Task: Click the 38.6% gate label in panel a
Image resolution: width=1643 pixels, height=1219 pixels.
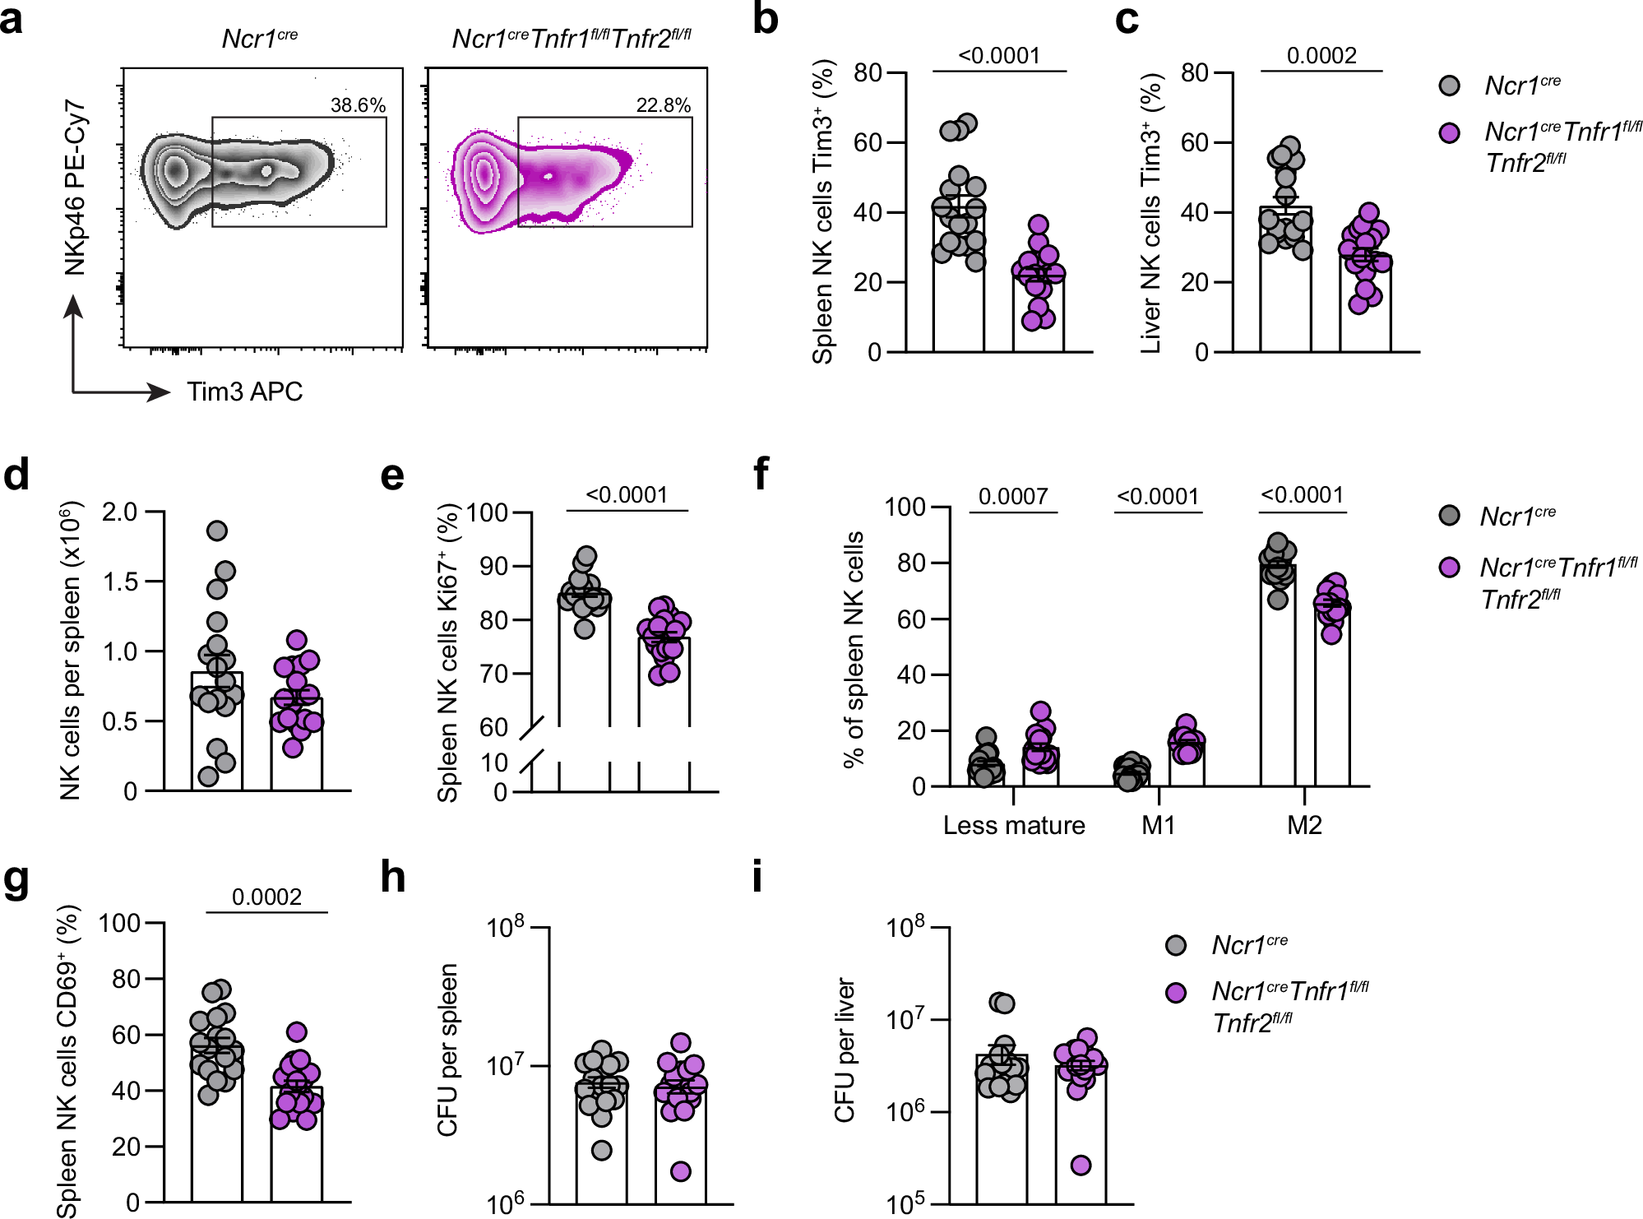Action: (358, 105)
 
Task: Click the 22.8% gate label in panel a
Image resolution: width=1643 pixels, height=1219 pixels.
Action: (663, 105)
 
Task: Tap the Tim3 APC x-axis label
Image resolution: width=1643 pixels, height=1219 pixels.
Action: (244, 392)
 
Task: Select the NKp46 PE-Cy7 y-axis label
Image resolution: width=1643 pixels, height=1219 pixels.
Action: (75, 188)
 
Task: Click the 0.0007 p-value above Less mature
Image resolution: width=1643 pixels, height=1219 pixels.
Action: (1013, 496)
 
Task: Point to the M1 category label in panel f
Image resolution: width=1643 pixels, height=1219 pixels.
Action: (1158, 825)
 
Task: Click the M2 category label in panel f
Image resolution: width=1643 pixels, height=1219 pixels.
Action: (1304, 825)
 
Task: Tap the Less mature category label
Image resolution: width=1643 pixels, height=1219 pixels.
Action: (1013, 825)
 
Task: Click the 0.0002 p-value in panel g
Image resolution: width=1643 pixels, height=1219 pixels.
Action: (266, 897)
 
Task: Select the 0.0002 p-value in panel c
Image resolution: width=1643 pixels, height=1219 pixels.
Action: (1321, 56)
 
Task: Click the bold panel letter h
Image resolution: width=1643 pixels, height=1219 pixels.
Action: (393, 878)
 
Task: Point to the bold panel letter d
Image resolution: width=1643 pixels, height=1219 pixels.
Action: (16, 476)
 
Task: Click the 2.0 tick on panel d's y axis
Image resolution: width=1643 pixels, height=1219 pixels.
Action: (119, 512)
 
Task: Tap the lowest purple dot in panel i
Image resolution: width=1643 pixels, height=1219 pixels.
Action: (1081, 1165)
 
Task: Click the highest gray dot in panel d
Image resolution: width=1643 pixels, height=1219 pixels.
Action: (217, 531)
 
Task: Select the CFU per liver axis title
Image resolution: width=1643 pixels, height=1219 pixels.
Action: (845, 1050)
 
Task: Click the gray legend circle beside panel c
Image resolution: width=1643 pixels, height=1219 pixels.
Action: (1450, 86)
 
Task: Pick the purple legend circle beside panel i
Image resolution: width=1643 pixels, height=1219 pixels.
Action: (1176, 992)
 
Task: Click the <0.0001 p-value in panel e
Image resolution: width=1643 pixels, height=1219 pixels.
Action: (627, 495)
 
